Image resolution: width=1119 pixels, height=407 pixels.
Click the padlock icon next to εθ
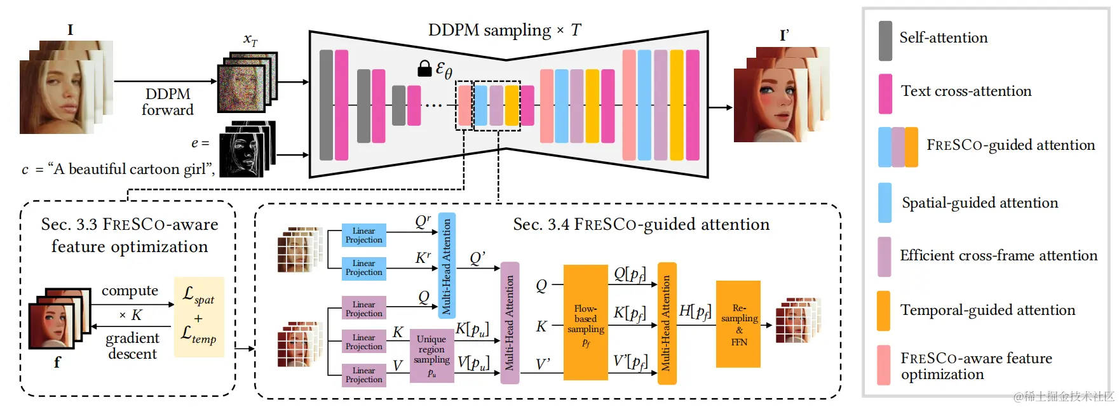(424, 69)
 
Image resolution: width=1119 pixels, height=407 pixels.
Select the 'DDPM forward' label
(167, 102)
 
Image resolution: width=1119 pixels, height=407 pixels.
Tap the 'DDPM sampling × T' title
(504, 30)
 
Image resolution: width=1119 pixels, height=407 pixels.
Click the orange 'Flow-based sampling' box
(585, 323)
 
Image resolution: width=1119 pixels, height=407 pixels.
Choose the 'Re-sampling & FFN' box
(738, 324)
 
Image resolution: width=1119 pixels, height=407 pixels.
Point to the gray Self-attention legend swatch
(885, 41)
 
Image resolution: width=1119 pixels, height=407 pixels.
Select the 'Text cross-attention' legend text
(966, 91)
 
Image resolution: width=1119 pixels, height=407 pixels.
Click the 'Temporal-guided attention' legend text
(987, 310)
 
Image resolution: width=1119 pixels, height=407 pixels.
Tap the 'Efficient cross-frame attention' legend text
(998, 256)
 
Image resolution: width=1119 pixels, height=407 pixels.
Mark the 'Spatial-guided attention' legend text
(980, 203)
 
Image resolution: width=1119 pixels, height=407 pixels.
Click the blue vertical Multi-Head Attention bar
(447, 265)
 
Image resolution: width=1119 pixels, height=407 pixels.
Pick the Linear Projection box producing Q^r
(363, 236)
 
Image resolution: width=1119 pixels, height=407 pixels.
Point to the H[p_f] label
(694, 311)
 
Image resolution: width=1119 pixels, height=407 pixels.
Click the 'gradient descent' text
(132, 346)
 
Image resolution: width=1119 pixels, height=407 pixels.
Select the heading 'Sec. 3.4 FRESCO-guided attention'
(641, 225)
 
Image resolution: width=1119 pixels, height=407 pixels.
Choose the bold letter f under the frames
(57, 363)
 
